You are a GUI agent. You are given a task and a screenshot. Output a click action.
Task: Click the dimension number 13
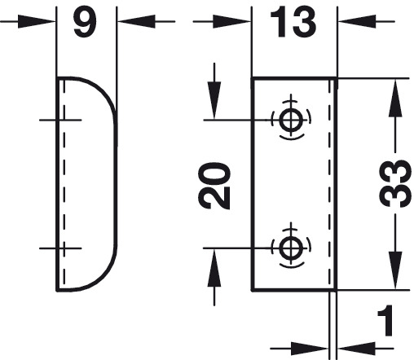pyautogui.click(x=293, y=22)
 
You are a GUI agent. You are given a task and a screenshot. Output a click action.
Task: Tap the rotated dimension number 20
pyautogui.click(x=214, y=186)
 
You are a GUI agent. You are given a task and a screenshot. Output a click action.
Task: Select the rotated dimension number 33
pyautogui.click(x=394, y=183)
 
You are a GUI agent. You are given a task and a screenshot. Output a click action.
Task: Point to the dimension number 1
pyautogui.click(x=386, y=320)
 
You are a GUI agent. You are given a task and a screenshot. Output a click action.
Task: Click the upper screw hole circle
pyautogui.click(x=291, y=120)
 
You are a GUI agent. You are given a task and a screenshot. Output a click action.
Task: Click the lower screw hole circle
pyautogui.click(x=291, y=248)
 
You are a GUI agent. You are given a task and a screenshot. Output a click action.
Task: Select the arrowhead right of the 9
pyautogui.click(x=136, y=21)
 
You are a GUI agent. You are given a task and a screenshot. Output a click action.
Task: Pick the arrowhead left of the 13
pyautogui.click(x=231, y=21)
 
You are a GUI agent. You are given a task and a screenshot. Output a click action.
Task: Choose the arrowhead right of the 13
pyautogui.click(x=357, y=21)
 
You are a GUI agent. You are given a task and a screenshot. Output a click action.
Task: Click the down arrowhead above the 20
pyautogui.click(x=214, y=100)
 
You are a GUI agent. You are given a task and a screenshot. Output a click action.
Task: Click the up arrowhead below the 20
pyautogui.click(x=214, y=267)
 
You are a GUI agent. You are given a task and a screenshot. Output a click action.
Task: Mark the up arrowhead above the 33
pyautogui.click(x=395, y=98)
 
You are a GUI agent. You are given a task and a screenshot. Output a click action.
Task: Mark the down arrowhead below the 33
pyautogui.click(x=395, y=270)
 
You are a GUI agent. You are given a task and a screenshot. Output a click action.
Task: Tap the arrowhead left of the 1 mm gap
pyautogui.click(x=310, y=349)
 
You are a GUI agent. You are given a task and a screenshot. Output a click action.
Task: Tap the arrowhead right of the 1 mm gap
pyautogui.click(x=357, y=349)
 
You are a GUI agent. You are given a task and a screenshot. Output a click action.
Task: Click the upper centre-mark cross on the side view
pyautogui.click(x=64, y=120)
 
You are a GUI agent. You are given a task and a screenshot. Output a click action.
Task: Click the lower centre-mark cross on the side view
pyautogui.click(x=64, y=248)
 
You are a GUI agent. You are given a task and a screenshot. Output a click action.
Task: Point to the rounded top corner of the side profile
pyautogui.click(x=103, y=89)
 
